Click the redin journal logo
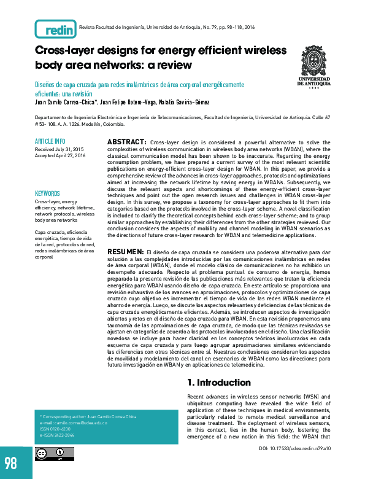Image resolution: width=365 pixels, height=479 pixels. point(56,28)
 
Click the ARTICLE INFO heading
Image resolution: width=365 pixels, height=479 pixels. point(50,141)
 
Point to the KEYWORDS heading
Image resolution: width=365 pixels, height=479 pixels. point(47,193)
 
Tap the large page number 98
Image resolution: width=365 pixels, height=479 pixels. point(12,462)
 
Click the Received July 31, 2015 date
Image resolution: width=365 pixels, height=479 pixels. point(60,149)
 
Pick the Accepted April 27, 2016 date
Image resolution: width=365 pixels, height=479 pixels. point(60,156)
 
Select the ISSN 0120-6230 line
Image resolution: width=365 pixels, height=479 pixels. point(55,429)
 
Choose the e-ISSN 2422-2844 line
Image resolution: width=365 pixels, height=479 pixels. point(57,435)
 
